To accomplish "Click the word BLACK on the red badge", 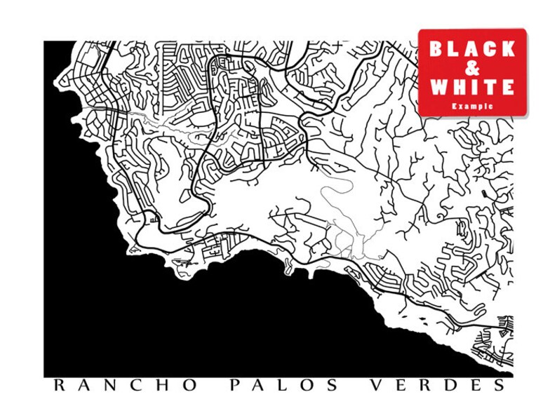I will point(472,49).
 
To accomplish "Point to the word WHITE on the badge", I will point(472,87).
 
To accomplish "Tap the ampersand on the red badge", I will point(472,68).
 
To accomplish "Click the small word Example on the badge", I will point(472,105).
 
